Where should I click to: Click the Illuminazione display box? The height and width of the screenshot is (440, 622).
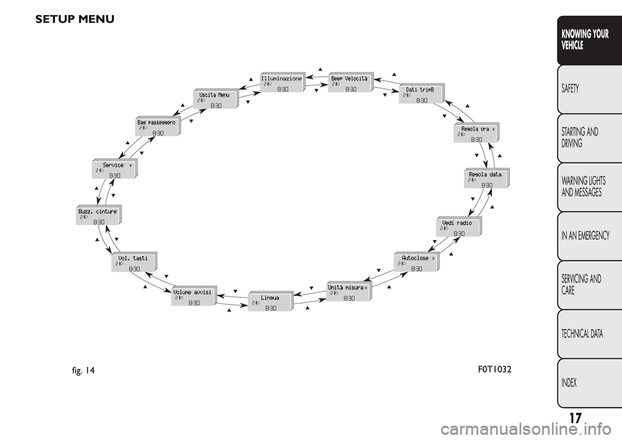tap(282, 82)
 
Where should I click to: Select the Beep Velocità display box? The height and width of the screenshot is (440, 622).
tap(351, 82)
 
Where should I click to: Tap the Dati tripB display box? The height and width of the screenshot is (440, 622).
tap(421, 93)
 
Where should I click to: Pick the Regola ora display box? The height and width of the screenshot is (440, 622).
tap(478, 133)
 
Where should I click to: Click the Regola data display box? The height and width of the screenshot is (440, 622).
tap(487, 178)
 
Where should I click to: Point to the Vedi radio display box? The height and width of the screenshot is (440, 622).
tap(459, 227)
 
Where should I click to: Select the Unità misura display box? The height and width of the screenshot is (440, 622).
tap(349, 291)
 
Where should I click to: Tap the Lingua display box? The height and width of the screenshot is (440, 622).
tap(271, 302)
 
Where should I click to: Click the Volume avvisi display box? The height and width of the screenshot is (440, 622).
tap(194, 296)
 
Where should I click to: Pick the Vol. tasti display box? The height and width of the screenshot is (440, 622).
tap(134, 262)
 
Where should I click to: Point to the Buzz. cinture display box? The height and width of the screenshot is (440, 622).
tap(98, 215)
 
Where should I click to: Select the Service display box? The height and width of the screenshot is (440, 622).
tap(114, 169)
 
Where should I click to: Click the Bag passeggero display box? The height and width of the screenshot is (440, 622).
tap(158, 126)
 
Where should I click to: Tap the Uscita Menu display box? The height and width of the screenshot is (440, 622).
tap(216, 99)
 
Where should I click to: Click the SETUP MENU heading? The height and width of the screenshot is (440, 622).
tap(75, 19)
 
